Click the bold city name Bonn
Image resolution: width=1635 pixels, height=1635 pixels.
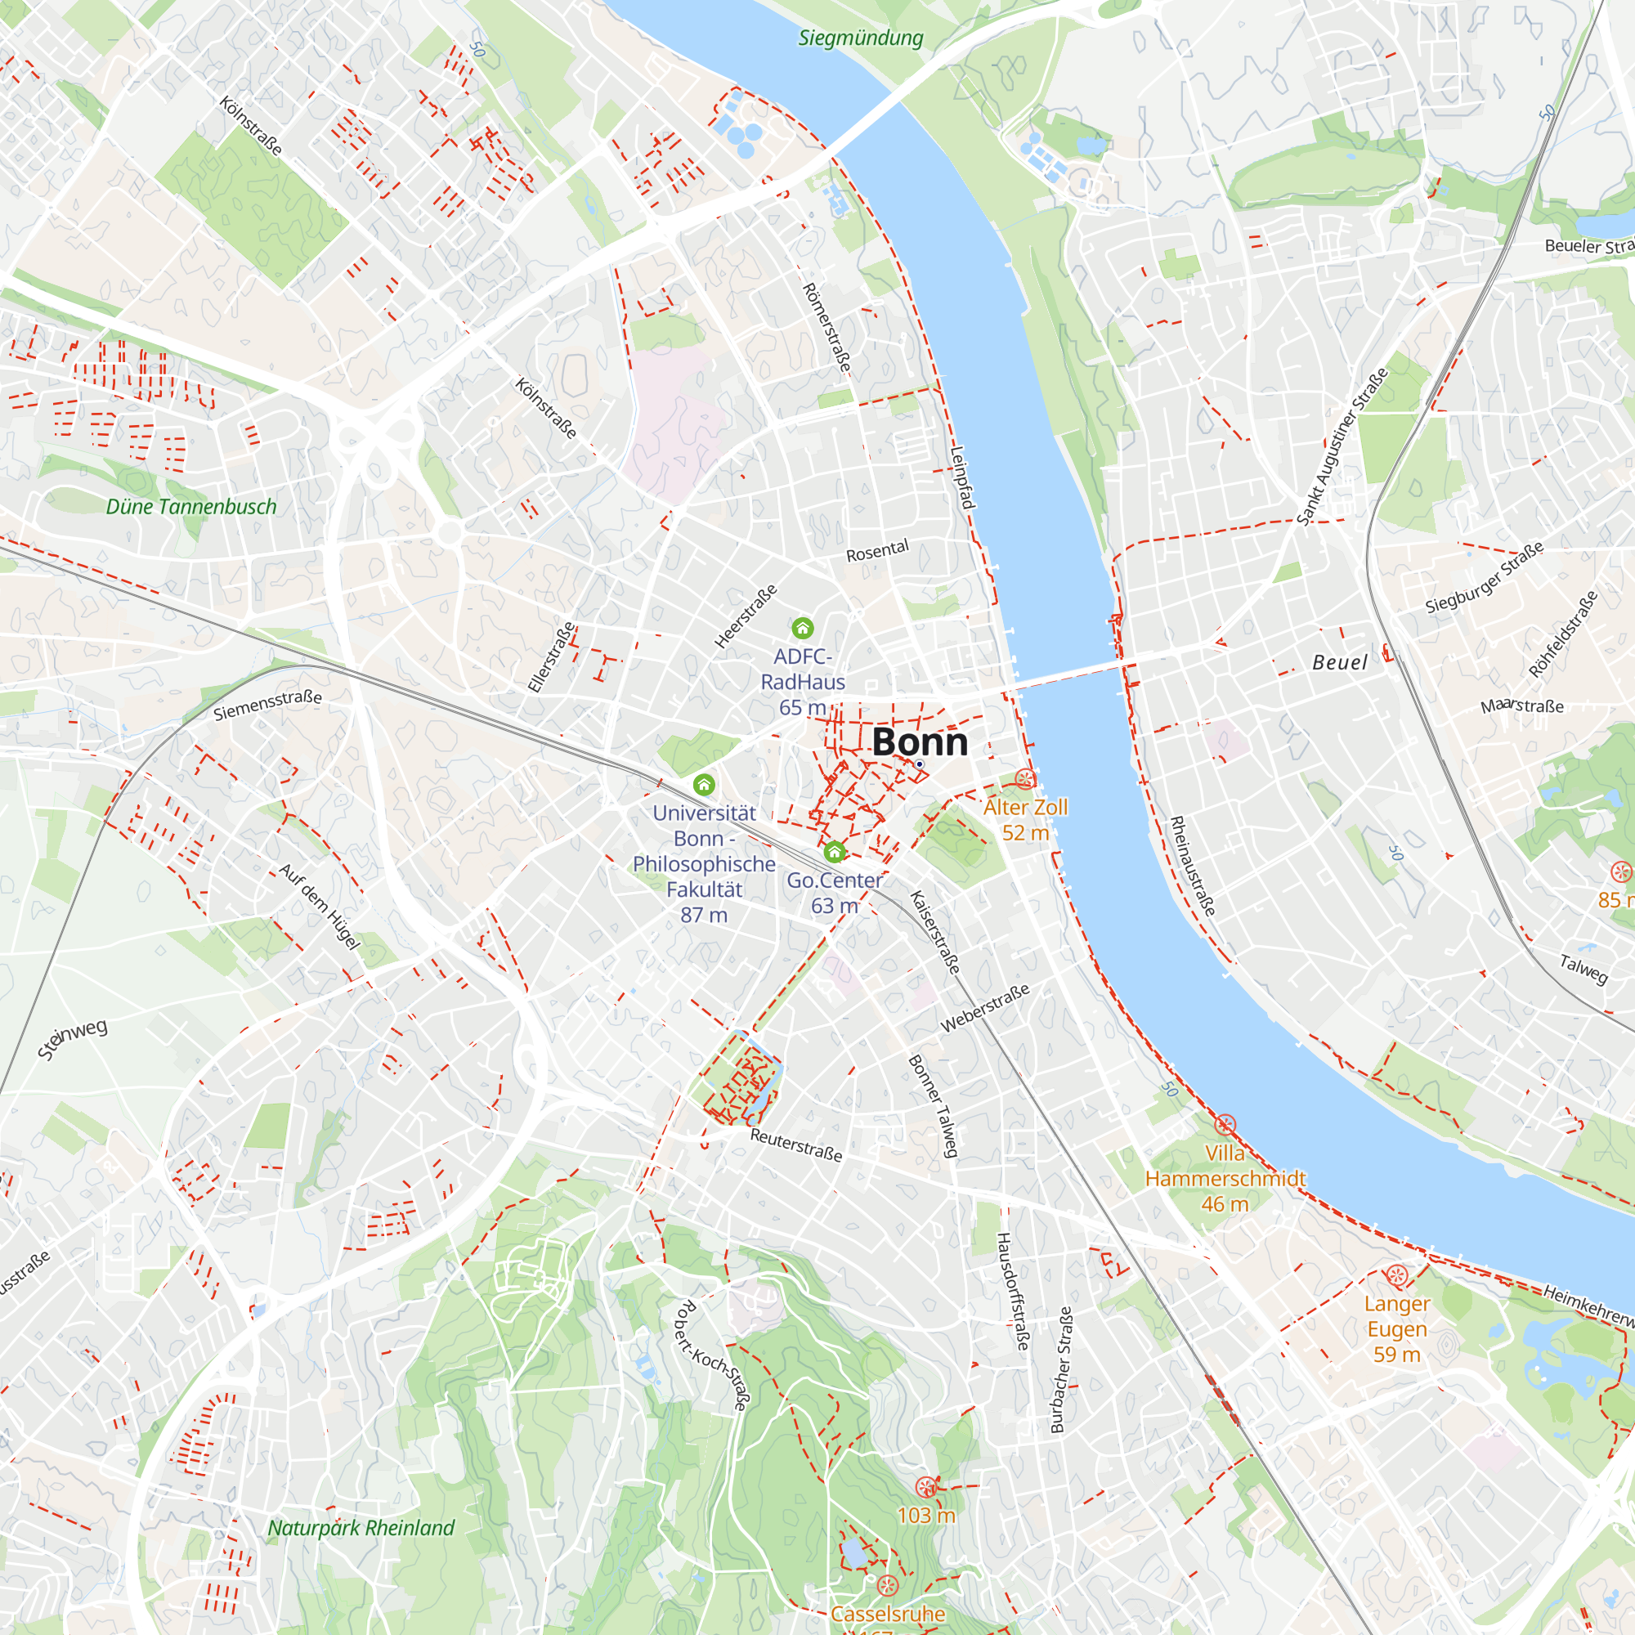pyautogui.click(x=920, y=742)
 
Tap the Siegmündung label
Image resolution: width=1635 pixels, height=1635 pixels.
pyautogui.click(x=861, y=38)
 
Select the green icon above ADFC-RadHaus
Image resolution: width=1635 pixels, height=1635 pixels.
pyautogui.click(x=802, y=628)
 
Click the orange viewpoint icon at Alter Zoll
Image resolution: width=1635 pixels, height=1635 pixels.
pyautogui.click(x=1025, y=778)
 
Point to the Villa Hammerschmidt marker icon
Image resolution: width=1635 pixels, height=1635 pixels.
pyautogui.click(x=1225, y=1125)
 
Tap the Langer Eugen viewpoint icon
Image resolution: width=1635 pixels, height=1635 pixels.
pyautogui.click(x=1396, y=1275)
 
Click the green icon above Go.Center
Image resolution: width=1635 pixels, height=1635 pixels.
pyautogui.click(x=835, y=851)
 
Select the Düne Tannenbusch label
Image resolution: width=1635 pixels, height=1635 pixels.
pyautogui.click(x=191, y=507)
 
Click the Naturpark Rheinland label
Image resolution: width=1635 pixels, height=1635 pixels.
pyautogui.click(x=361, y=1528)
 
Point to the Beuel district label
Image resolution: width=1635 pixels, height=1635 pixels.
pyautogui.click(x=1340, y=663)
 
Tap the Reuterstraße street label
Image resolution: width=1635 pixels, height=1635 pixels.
pyautogui.click(x=796, y=1145)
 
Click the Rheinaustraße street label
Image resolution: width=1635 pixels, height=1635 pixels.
pyautogui.click(x=1193, y=866)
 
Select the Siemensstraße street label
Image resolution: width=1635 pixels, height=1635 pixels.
pyautogui.click(x=267, y=705)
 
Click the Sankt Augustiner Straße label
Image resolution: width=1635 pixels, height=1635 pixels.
pyautogui.click(x=1342, y=446)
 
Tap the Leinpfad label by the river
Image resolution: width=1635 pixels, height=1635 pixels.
pyautogui.click(x=962, y=477)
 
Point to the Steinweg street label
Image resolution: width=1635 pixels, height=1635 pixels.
pyautogui.click(x=73, y=1039)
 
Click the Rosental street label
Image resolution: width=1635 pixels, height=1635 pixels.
pyautogui.click(x=877, y=550)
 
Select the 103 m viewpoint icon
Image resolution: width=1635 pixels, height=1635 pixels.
pyautogui.click(x=926, y=1486)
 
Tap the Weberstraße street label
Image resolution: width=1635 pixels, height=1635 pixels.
pyautogui.click(x=985, y=1008)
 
